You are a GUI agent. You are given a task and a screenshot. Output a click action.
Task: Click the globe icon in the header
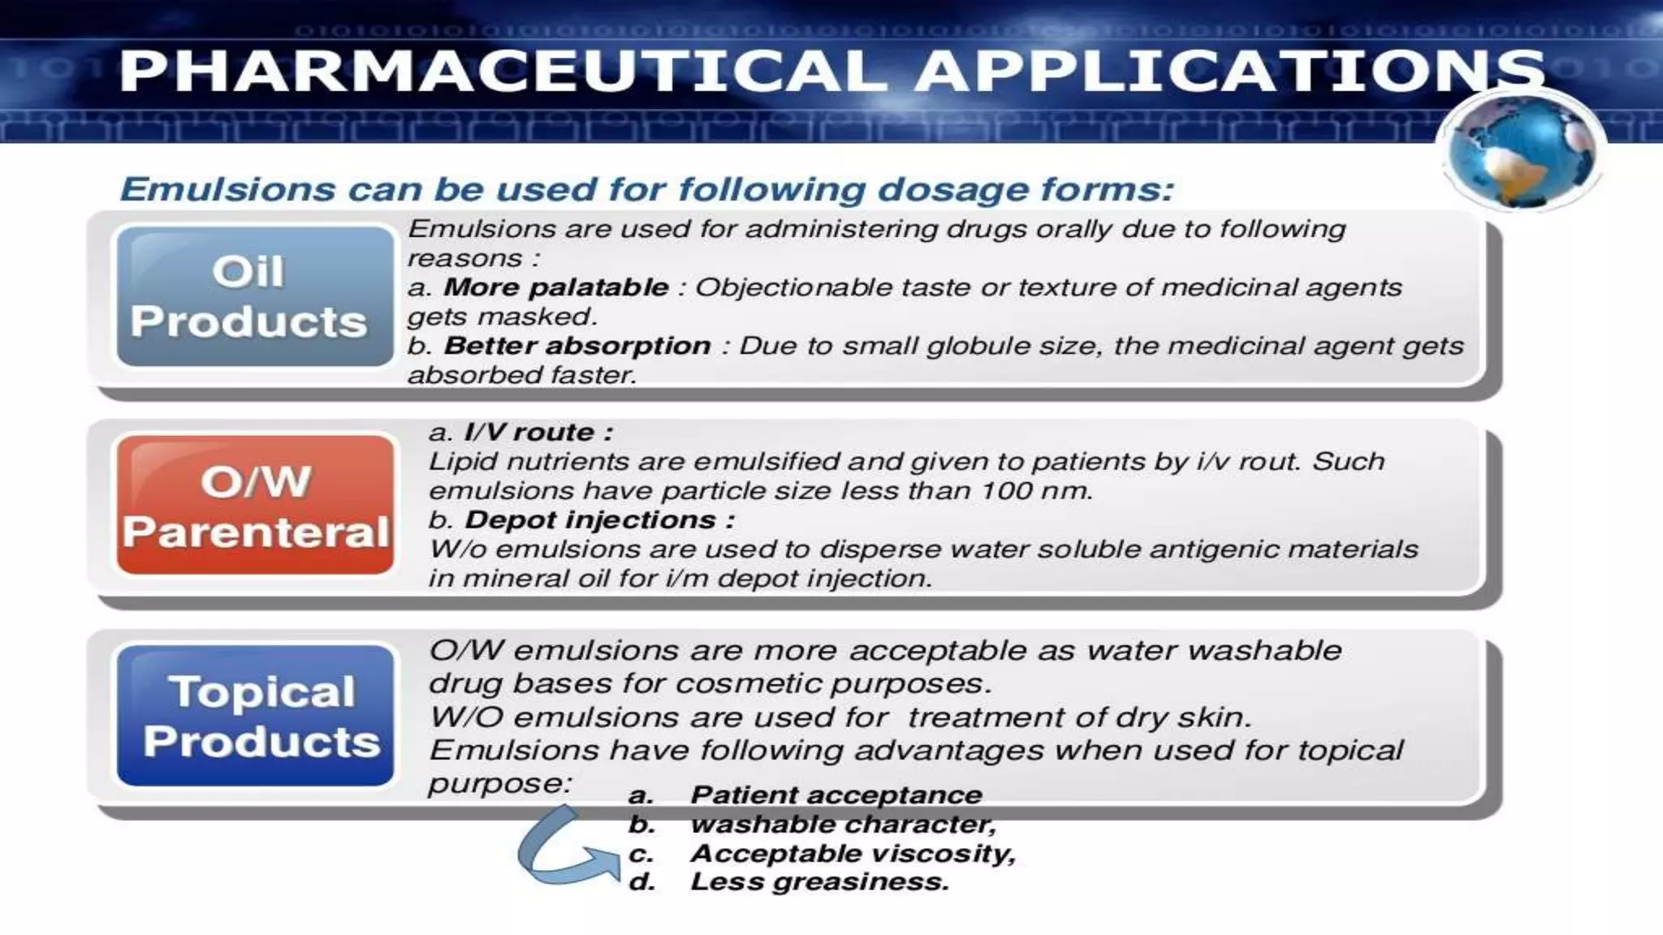click(1520, 151)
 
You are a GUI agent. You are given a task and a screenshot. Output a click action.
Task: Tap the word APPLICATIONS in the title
click(1230, 71)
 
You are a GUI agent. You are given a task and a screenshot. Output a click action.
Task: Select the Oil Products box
click(254, 296)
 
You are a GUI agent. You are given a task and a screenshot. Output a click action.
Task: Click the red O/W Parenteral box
click(255, 505)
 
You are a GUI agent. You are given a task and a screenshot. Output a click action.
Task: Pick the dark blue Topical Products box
click(255, 716)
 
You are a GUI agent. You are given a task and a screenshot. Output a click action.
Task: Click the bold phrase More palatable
click(555, 287)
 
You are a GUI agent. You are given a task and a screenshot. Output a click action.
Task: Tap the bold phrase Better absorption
click(577, 346)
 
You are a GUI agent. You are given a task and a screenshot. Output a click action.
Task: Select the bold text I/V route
click(538, 433)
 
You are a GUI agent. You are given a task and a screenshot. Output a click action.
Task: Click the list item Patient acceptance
click(836, 795)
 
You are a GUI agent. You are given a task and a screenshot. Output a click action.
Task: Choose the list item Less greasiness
click(819, 882)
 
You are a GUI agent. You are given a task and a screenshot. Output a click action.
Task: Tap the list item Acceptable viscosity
click(852, 854)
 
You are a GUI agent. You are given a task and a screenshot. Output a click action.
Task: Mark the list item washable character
click(842, 825)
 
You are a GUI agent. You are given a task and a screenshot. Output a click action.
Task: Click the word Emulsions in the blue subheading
click(227, 190)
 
